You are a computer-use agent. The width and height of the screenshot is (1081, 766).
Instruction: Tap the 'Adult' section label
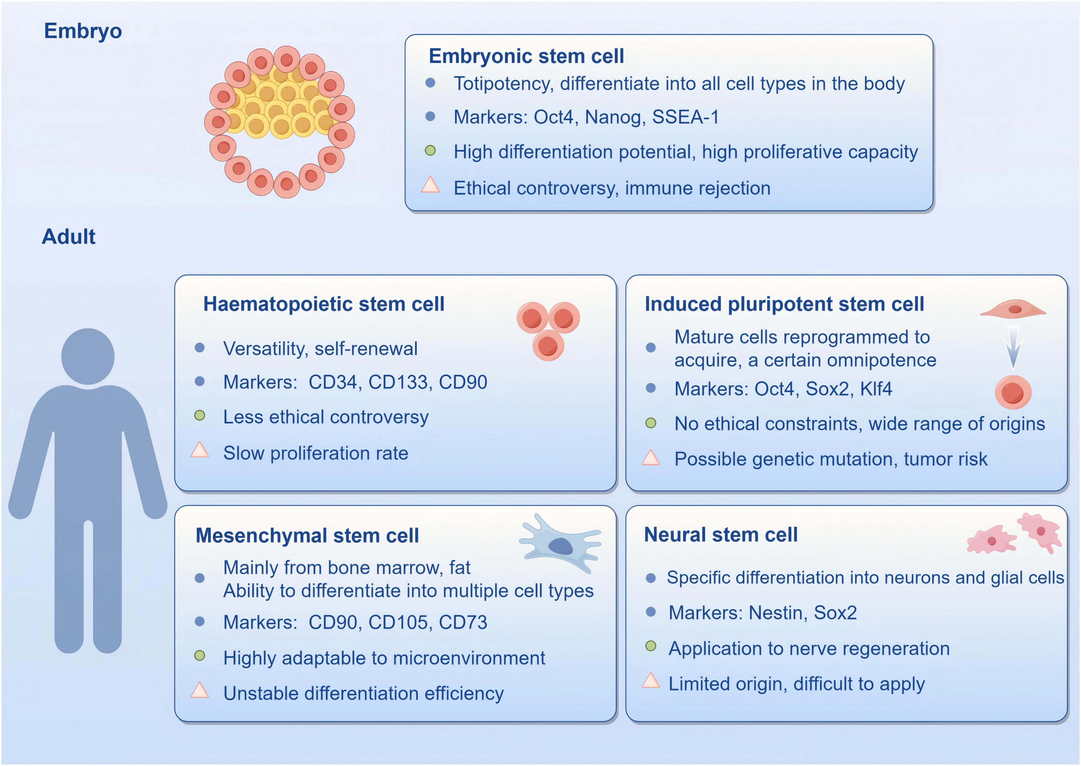click(x=69, y=236)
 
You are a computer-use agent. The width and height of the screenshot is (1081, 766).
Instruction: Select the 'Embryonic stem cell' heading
click(x=526, y=57)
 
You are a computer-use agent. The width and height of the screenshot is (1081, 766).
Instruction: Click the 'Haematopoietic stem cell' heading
click(x=324, y=304)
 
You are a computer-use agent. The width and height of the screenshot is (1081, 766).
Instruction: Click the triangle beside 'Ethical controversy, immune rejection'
click(x=430, y=185)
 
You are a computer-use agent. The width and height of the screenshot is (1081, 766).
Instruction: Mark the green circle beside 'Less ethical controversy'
click(x=200, y=416)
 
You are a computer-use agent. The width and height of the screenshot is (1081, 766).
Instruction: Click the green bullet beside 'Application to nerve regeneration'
click(x=651, y=646)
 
